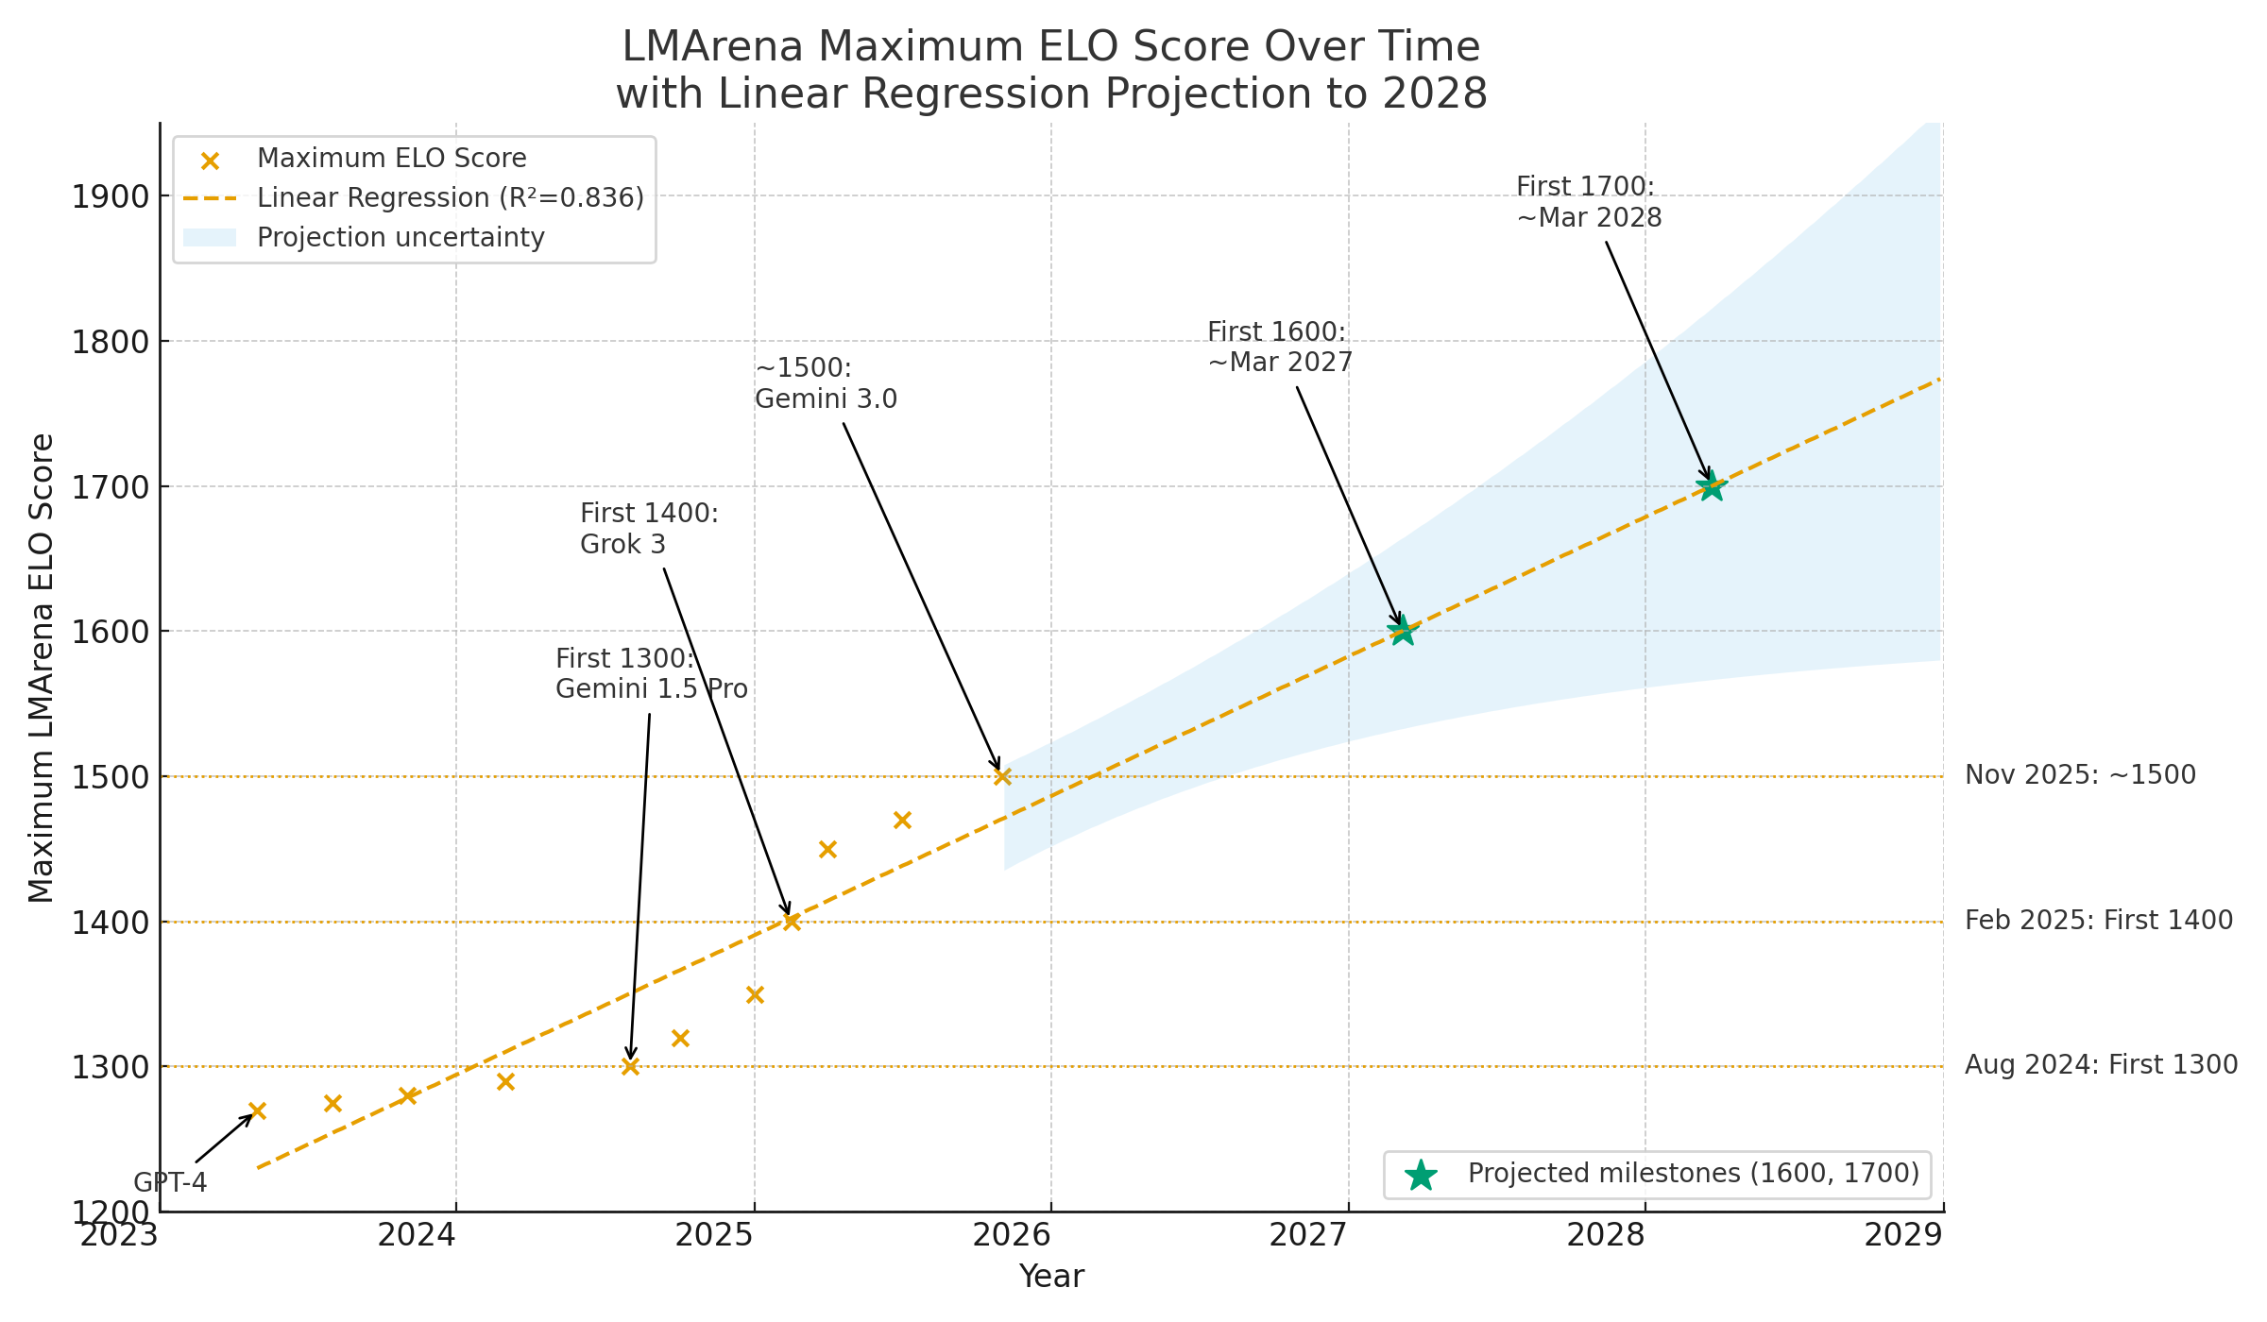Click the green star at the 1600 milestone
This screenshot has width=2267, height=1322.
[1403, 630]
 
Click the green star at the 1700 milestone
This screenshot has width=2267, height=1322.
[1711, 487]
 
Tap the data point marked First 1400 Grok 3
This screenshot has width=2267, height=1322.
[792, 922]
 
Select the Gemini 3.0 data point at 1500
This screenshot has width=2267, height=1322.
[1002, 776]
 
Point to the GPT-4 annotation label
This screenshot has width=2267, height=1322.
[170, 1182]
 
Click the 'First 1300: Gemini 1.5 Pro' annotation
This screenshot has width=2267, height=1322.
[651, 674]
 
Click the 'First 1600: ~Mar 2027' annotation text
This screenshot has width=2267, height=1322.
[1280, 347]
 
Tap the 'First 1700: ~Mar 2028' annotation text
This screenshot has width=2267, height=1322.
[1589, 202]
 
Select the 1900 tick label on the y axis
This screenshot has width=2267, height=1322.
[111, 197]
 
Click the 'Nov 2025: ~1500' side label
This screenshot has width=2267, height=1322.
[2080, 775]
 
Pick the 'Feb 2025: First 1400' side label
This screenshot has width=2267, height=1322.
[2098, 921]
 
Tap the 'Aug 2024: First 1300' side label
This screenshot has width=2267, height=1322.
[2101, 1065]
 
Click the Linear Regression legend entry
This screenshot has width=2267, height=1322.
[450, 198]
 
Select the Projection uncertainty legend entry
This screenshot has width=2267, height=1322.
[401, 238]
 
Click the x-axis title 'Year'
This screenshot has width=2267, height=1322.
[1051, 1277]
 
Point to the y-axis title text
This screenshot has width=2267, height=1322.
[42, 668]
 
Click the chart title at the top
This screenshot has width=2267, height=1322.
[1051, 70]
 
